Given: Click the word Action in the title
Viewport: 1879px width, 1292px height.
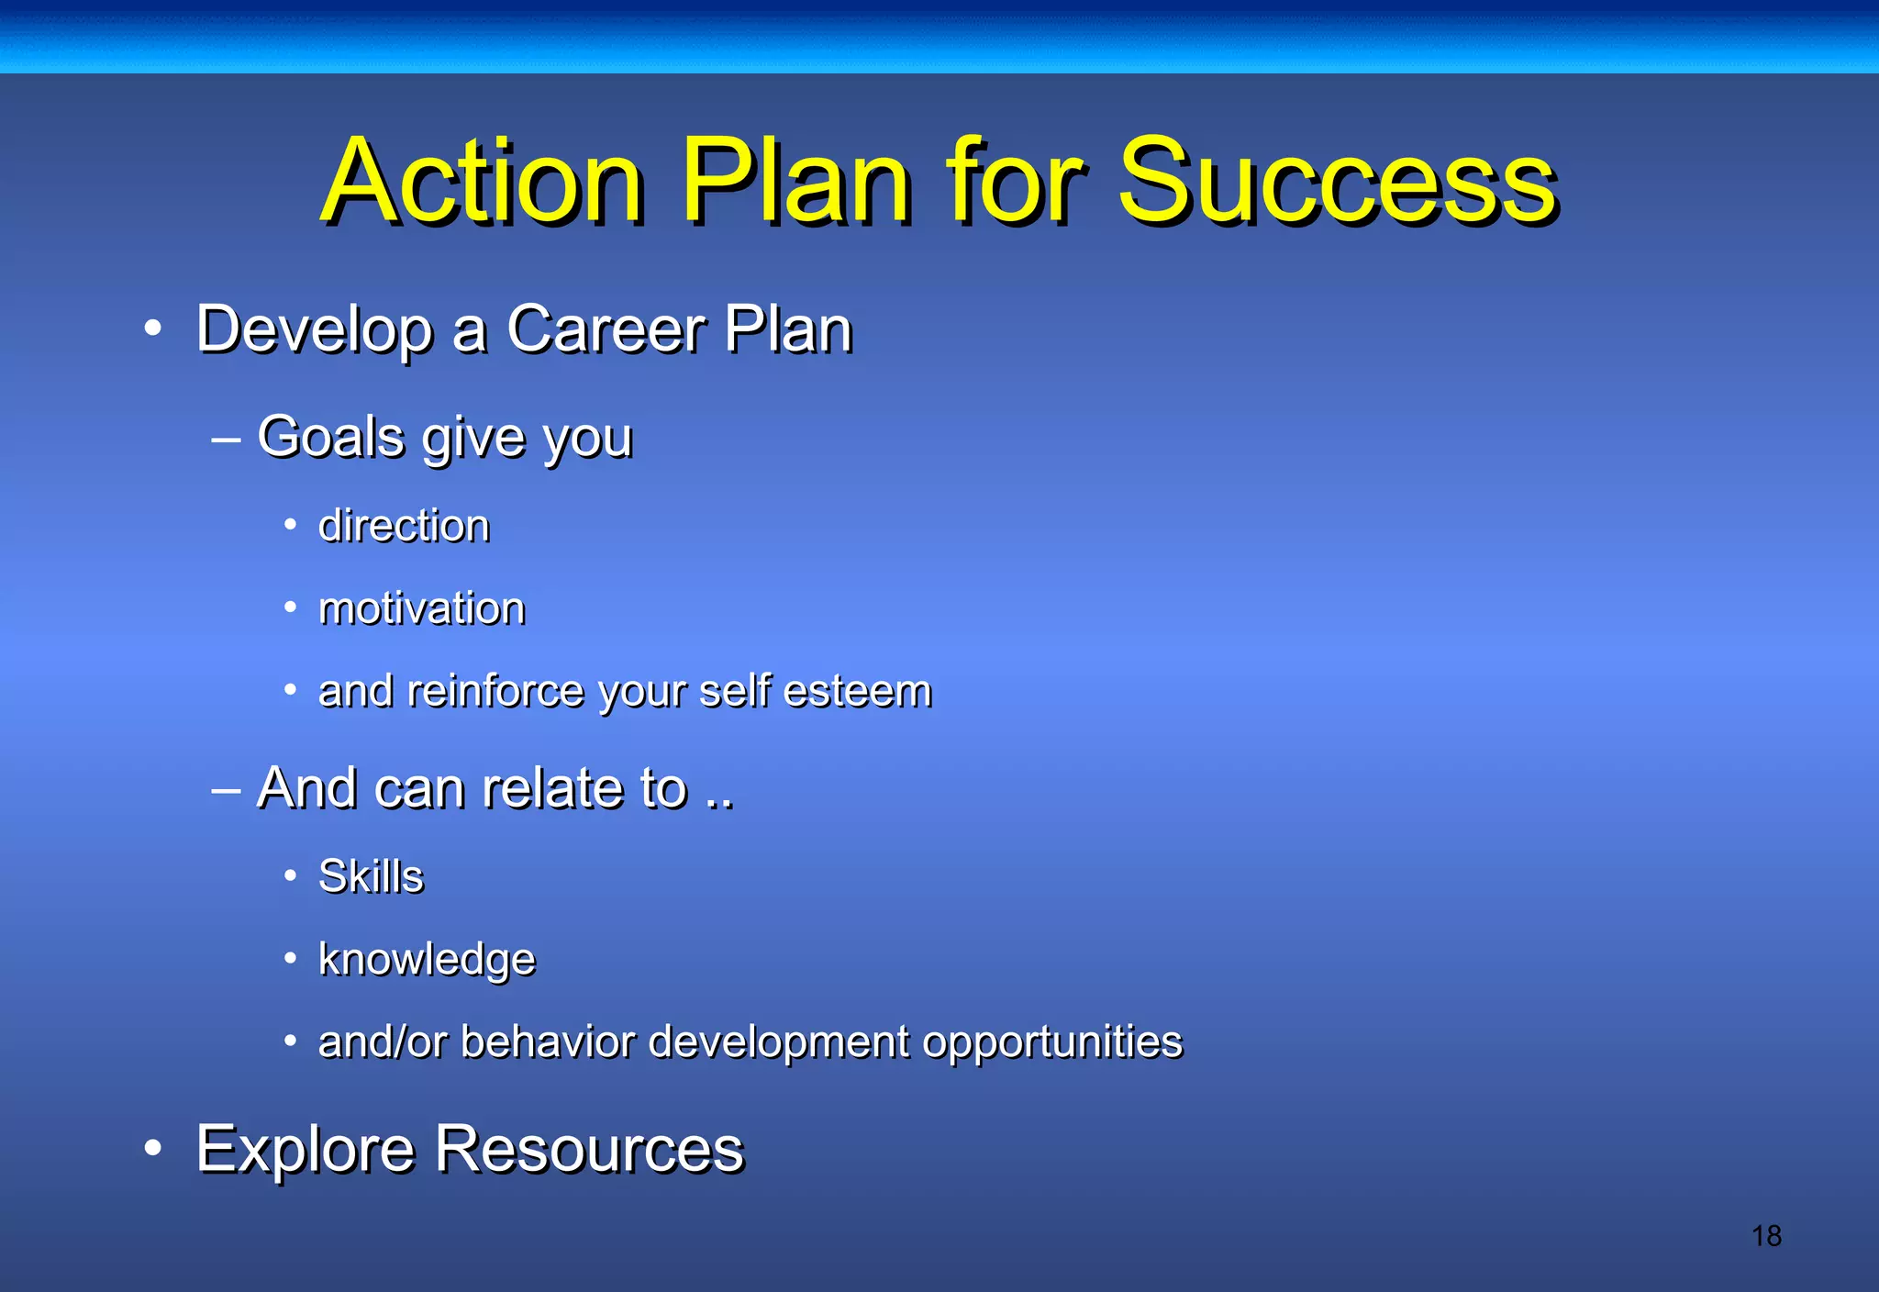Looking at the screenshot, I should [484, 181].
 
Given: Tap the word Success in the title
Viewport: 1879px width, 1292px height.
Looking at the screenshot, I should [1337, 181].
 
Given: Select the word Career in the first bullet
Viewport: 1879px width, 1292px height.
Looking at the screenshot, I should [605, 329].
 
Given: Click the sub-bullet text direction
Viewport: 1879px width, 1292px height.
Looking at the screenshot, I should [404, 526].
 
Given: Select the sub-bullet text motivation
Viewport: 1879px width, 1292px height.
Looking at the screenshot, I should [421, 608].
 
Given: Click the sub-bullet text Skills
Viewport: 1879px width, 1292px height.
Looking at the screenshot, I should [371, 876].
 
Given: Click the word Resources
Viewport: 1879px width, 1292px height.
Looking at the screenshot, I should [589, 1149].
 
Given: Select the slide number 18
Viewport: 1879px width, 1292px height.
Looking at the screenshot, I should [1766, 1236].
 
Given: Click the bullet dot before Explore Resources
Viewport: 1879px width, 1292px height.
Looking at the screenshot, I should [153, 1149].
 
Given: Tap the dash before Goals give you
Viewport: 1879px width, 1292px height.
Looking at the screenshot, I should [226, 439].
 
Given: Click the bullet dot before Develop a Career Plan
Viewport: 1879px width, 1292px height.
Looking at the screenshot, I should [153, 329].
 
